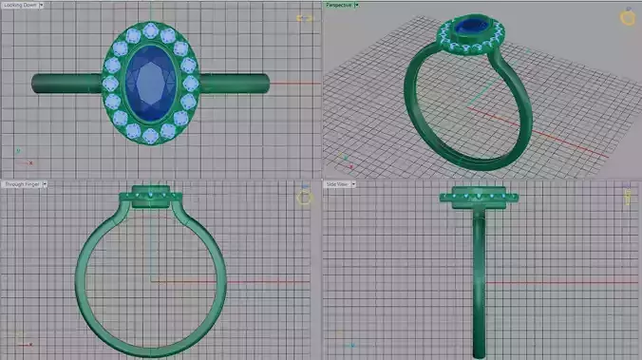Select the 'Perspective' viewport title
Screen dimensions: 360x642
(x=339, y=5)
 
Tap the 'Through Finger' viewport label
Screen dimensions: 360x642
(x=22, y=184)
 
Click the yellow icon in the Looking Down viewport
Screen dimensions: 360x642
(x=304, y=18)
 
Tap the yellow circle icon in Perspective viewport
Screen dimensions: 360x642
(x=627, y=17)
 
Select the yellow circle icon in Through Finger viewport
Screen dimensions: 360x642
(x=304, y=198)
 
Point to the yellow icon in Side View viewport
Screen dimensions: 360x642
(x=628, y=197)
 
